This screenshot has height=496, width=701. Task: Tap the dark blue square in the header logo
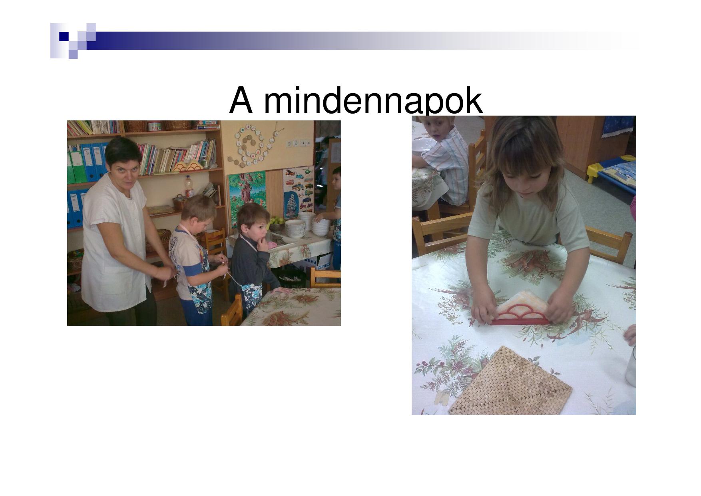click(x=64, y=36)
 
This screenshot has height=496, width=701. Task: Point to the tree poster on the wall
click(x=247, y=194)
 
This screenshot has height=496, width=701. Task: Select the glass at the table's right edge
click(x=631, y=366)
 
